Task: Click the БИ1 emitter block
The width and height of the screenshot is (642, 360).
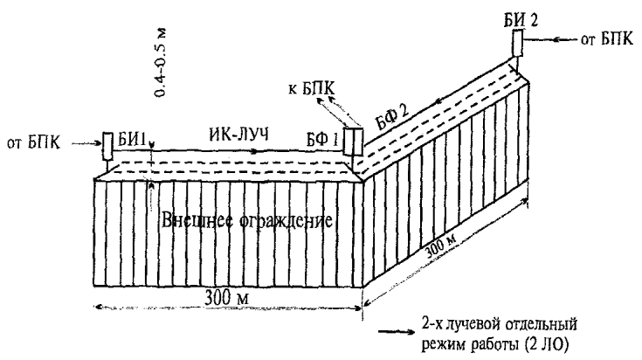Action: (107, 144)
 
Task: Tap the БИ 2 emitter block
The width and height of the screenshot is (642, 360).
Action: (517, 42)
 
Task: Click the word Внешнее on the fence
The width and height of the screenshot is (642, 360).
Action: (193, 219)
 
